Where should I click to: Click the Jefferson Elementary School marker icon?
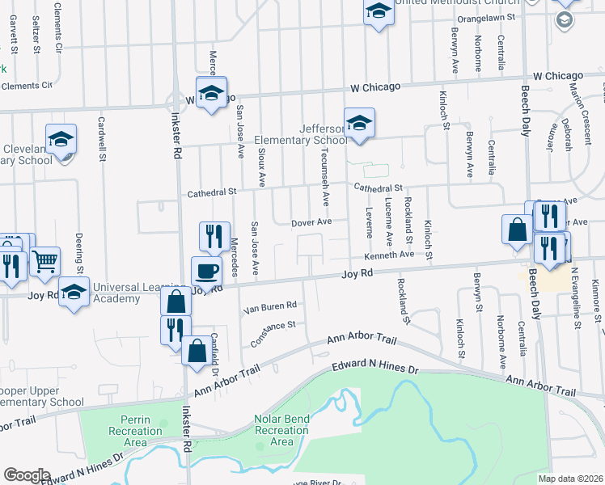click(x=359, y=124)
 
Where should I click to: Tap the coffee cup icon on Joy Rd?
click(x=205, y=272)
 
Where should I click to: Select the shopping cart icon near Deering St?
click(x=45, y=261)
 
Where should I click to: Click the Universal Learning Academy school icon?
click(x=74, y=292)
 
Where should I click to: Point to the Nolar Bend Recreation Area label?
click(x=281, y=431)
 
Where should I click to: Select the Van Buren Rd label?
click(x=270, y=306)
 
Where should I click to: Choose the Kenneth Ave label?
click(x=388, y=255)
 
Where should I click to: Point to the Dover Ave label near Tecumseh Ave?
click(x=312, y=221)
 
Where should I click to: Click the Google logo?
click(x=27, y=475)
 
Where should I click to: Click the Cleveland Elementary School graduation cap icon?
click(x=61, y=139)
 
